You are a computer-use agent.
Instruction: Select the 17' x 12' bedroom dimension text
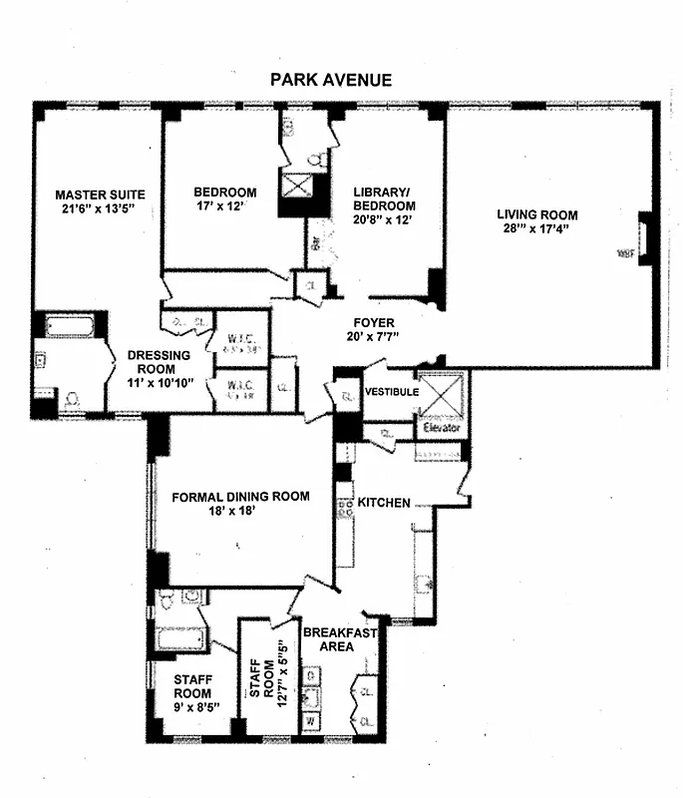pyautogui.click(x=224, y=209)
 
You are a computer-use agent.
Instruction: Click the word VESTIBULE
pyautogui.click(x=391, y=392)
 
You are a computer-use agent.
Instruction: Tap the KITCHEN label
pyautogui.click(x=384, y=503)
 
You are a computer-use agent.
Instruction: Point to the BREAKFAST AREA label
pyautogui.click(x=339, y=639)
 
